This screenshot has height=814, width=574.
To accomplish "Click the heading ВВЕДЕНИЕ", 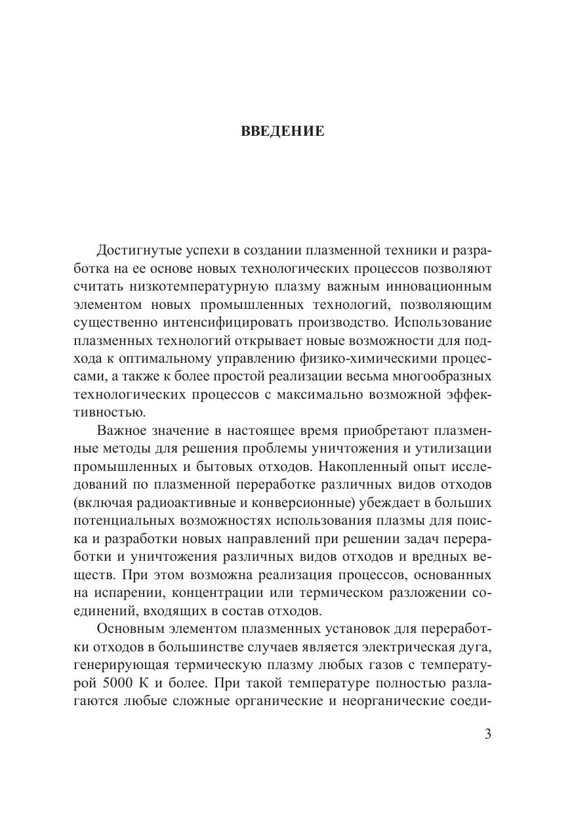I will [x=283, y=131].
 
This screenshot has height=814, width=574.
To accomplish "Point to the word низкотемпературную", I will [x=197, y=287].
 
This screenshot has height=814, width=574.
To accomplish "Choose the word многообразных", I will [x=438, y=376].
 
